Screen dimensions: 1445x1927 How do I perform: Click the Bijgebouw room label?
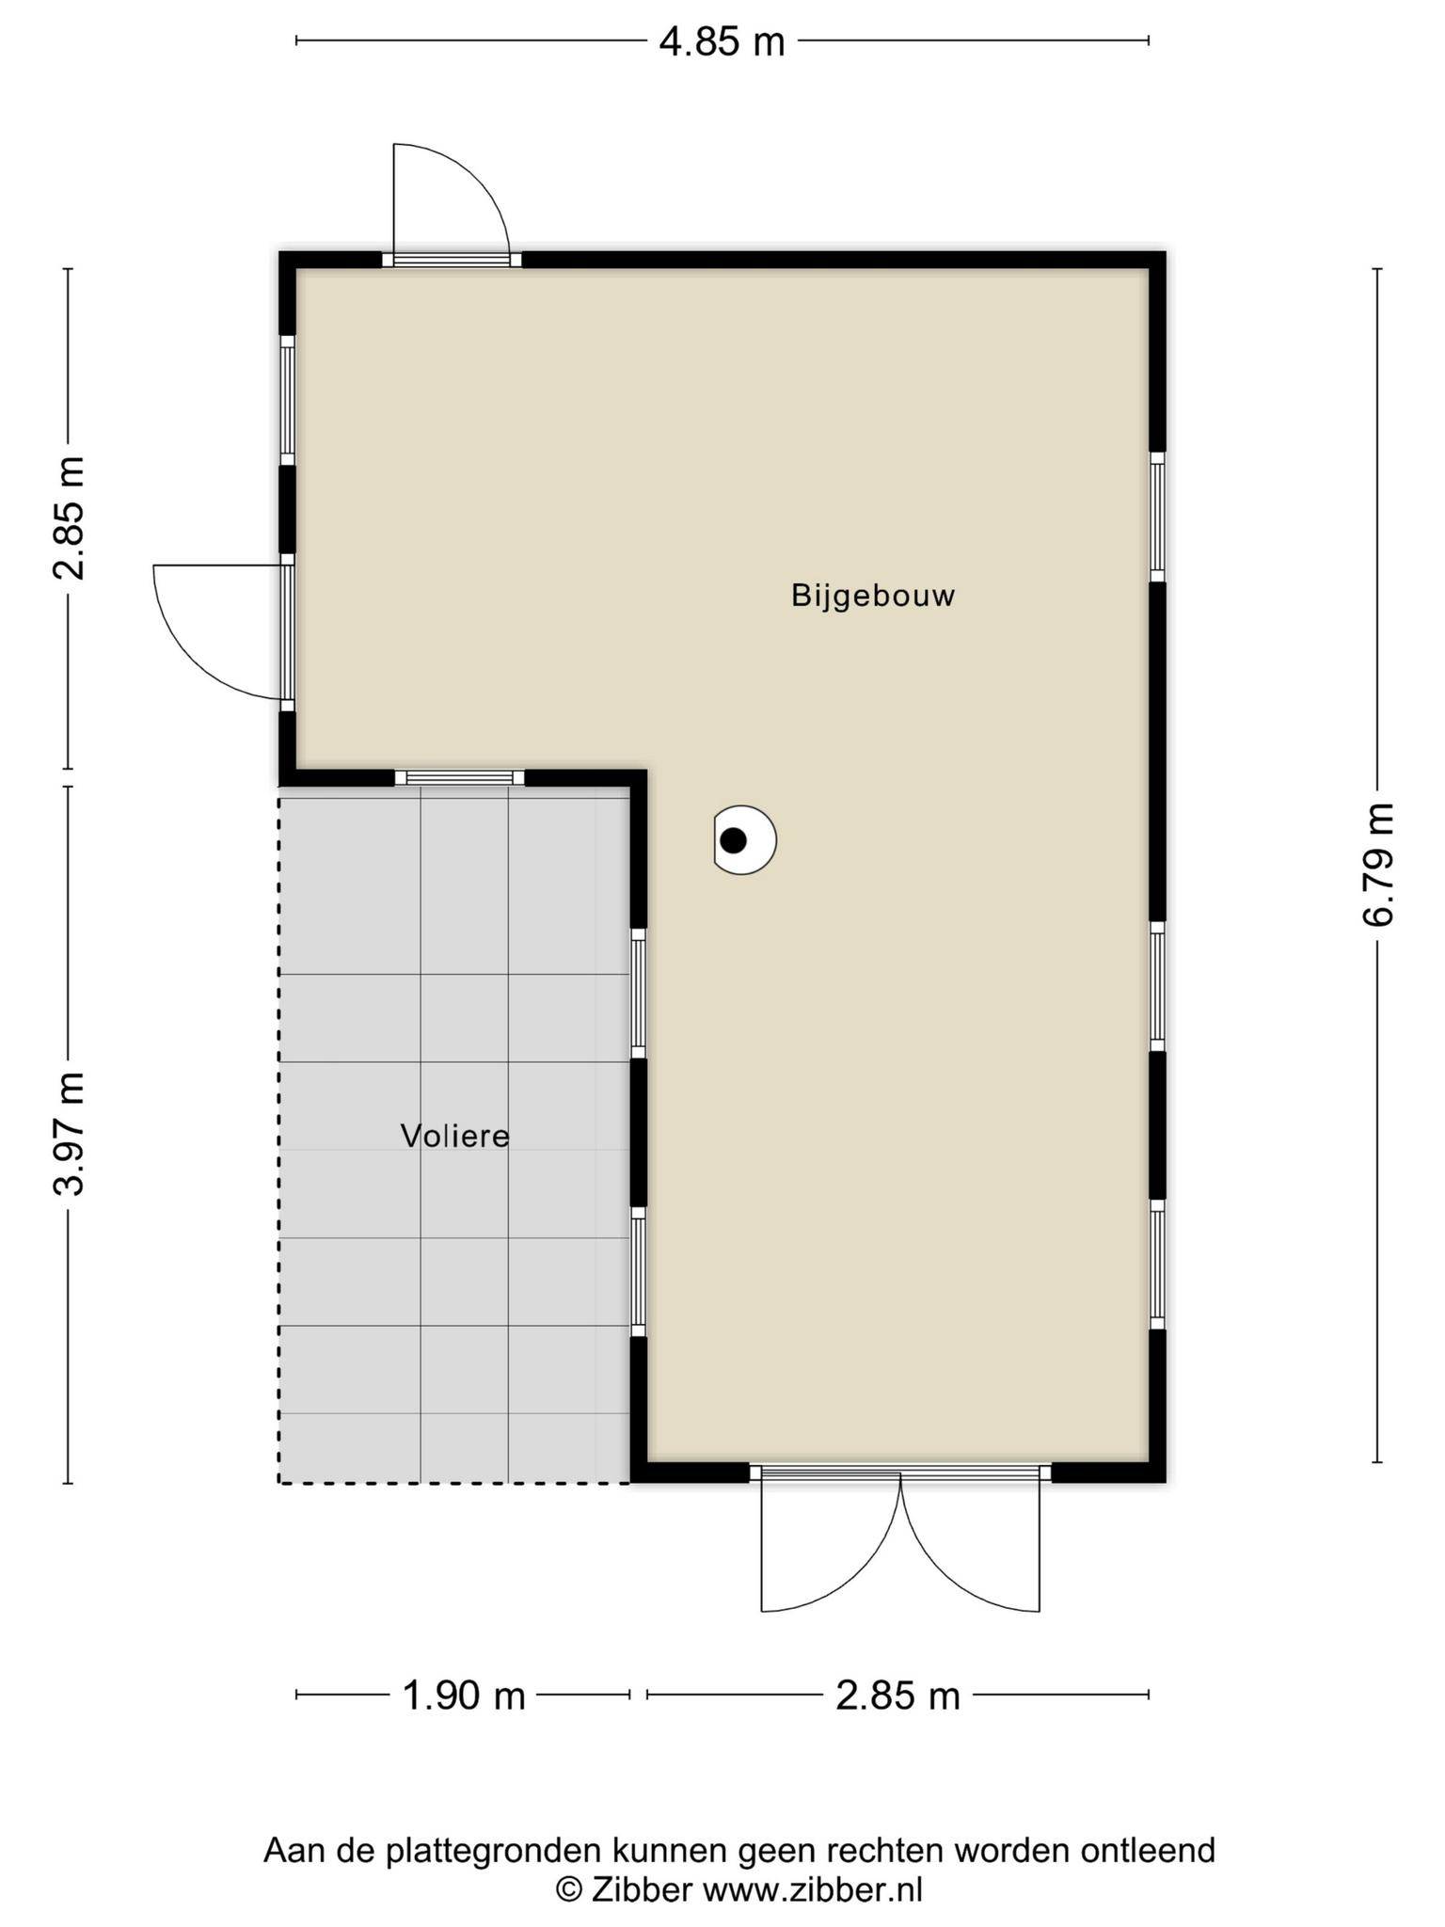pos(873,597)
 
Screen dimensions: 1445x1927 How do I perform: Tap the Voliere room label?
pos(455,1136)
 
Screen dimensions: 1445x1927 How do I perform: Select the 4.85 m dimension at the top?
pos(722,42)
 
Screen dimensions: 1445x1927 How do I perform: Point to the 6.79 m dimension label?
pos(1378,865)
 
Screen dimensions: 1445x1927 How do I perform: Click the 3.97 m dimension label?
pos(70,1134)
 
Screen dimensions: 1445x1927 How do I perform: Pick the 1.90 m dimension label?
pos(464,1696)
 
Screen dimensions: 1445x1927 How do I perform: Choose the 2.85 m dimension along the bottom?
pos(898,1696)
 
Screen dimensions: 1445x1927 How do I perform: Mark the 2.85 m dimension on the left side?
pos(70,518)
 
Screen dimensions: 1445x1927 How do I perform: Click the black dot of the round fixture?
pos(733,839)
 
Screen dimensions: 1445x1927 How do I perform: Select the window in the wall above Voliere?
pos(459,777)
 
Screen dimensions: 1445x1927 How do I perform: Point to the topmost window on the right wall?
pos(1158,517)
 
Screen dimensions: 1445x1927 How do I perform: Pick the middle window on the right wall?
pos(1158,985)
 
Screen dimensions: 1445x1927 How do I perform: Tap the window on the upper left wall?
pos(287,400)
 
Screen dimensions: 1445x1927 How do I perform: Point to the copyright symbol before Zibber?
pos(568,1888)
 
